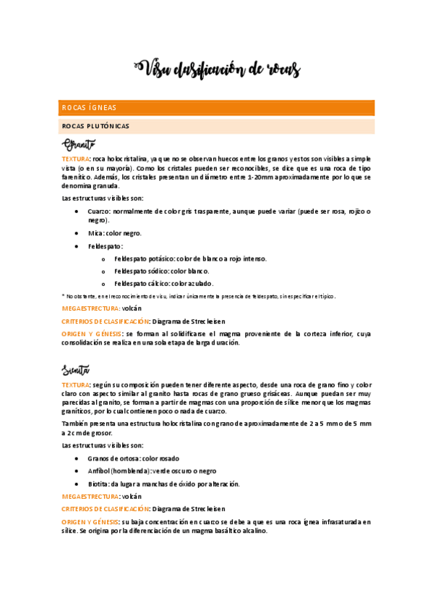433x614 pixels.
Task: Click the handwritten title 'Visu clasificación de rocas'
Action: (217, 69)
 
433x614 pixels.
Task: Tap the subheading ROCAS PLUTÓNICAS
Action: (96, 126)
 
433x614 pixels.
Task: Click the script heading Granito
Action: (79, 144)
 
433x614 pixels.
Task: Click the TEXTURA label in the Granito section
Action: (76, 158)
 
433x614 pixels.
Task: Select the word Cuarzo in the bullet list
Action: (98, 211)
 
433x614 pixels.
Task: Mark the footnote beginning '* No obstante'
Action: (80, 296)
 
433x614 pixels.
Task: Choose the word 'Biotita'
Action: (98, 484)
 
